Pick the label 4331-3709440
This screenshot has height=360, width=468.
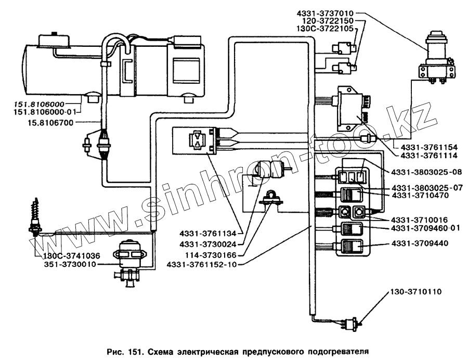point(421,242)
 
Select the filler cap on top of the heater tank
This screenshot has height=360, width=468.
point(53,38)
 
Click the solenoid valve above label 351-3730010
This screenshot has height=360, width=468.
point(129,255)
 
